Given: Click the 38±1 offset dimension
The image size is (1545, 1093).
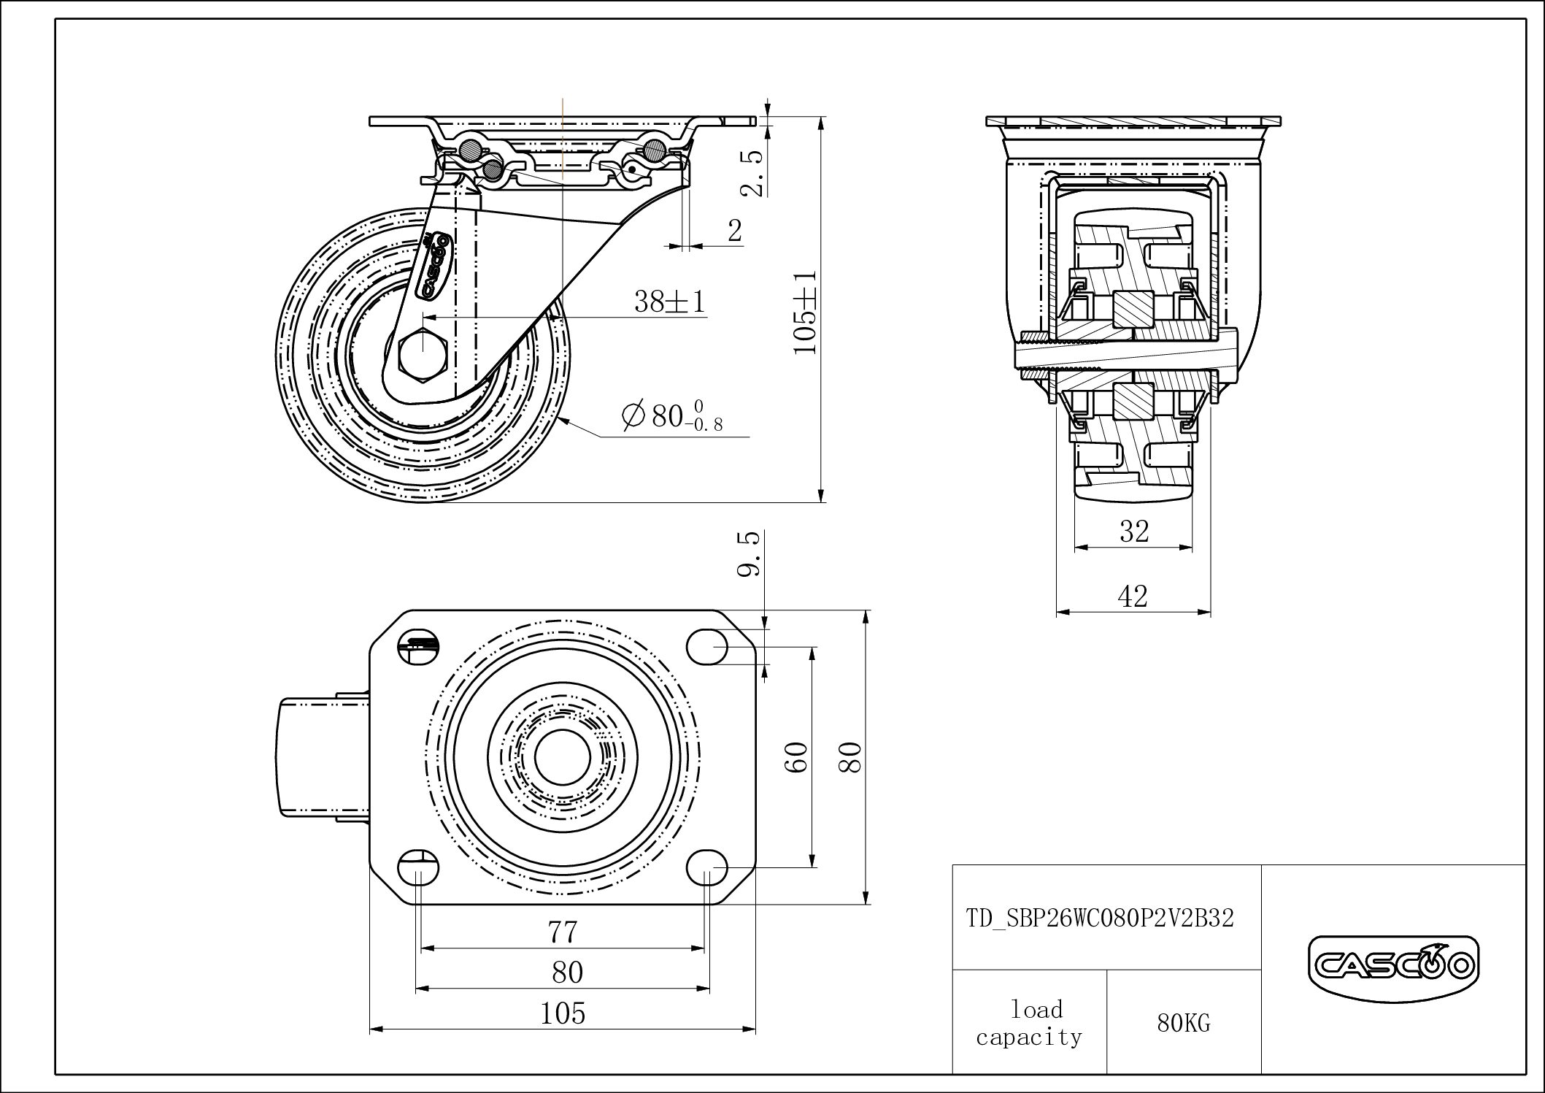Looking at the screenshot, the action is (670, 301).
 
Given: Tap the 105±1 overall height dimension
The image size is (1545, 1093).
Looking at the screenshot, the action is (806, 312).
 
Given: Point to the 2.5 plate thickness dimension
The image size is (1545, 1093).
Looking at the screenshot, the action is (752, 173).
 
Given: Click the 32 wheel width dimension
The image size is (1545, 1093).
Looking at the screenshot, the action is (1134, 532).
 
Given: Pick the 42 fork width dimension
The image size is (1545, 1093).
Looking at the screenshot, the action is (1133, 597).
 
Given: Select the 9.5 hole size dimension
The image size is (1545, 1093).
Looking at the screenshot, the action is (750, 555).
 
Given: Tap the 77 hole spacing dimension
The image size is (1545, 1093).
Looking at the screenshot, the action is (563, 932).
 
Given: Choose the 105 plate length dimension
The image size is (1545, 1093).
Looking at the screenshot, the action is (563, 1013).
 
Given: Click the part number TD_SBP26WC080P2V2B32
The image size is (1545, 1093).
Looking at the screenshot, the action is (1101, 918).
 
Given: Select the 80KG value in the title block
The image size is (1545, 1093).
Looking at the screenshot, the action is (1183, 1024).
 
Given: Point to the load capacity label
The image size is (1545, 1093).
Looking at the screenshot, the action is (1029, 1023).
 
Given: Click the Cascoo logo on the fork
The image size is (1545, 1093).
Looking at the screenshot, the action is (435, 266).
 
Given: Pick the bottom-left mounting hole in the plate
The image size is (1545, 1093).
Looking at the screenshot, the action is (418, 868).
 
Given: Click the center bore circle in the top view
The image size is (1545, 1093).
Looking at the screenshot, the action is (562, 757).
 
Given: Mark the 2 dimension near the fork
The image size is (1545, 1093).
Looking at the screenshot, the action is (735, 231).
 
